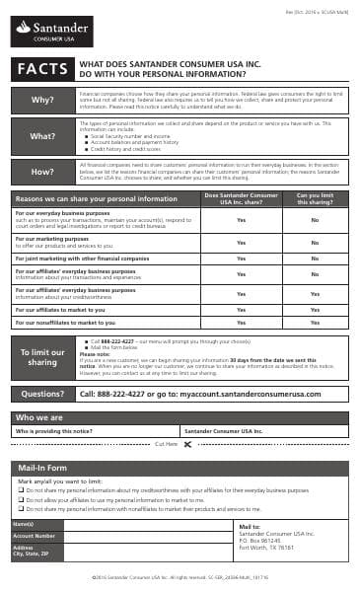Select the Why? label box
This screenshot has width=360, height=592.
coord(42,100)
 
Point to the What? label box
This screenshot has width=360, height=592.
coord(42,136)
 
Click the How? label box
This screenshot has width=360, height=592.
coord(42,172)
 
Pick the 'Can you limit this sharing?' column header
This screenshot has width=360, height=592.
coord(315,198)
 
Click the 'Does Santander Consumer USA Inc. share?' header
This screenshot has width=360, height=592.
coord(242,198)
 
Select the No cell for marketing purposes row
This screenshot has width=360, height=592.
coord(315,242)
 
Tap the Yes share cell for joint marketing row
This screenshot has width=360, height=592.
coord(242,259)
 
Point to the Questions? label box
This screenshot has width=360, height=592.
coord(42,394)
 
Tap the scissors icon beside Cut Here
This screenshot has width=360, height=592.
coord(187,445)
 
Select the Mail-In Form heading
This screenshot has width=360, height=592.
coord(41,467)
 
